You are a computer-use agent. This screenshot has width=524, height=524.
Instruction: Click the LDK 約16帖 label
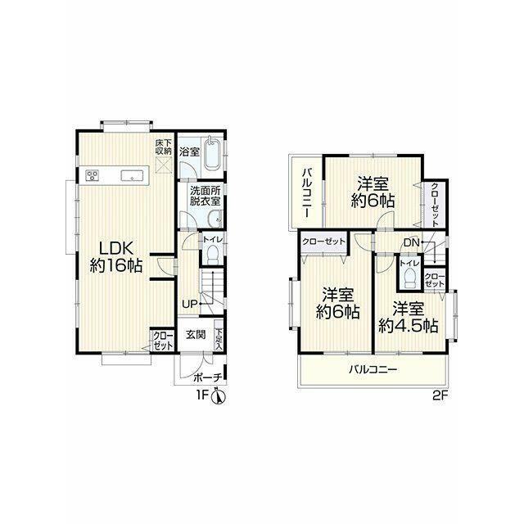[116, 256]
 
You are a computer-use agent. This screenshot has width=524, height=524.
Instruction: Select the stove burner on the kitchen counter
[93, 174]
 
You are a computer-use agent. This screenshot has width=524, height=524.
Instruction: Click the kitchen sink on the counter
[133, 175]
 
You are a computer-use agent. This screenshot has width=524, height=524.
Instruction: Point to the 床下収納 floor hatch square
[164, 165]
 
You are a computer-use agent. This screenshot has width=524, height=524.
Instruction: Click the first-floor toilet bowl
[212, 255]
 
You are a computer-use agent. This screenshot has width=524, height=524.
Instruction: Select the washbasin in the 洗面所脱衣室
[215, 219]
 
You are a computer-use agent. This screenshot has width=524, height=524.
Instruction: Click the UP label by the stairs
[189, 304]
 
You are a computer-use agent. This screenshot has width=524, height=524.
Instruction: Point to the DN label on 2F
[411, 242]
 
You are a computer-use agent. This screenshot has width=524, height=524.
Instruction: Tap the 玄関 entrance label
[196, 335]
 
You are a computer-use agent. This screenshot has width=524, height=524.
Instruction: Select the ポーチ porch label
[207, 377]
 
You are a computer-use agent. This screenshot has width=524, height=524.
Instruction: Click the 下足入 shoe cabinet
[219, 335]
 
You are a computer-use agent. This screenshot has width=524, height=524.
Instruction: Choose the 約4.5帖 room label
[409, 317]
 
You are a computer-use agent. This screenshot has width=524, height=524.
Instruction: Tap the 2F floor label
[440, 395]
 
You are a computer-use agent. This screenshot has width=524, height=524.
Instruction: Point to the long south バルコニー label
[373, 369]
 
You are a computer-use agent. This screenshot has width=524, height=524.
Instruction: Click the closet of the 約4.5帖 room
[435, 280]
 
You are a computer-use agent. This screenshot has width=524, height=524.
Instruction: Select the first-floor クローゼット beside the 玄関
[164, 341]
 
